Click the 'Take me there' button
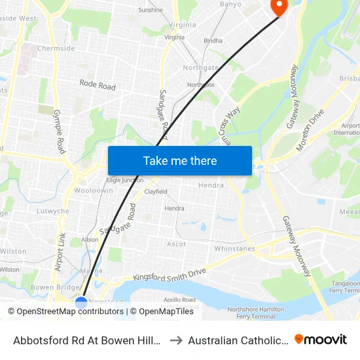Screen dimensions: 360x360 (x=180, y=160)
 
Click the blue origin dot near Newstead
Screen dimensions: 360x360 (x=81, y=302)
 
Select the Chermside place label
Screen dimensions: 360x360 (x=56, y=48)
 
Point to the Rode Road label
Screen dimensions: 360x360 (x=98, y=85)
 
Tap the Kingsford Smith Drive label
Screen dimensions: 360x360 (x=170, y=274)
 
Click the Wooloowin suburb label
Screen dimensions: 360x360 (x=93, y=190)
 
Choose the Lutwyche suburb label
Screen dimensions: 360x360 (x=53, y=211)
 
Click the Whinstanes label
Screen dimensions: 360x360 (x=234, y=249)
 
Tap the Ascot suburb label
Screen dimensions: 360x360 (x=177, y=244)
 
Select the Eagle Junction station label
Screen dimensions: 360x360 (x=124, y=180)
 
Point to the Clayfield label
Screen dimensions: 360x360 (x=156, y=192)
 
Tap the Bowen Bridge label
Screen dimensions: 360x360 (x=50, y=287)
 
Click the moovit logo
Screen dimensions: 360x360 (x=321, y=339)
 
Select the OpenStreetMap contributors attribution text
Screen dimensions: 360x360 (x=65, y=312)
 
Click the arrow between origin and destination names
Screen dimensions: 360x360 (x=176, y=340)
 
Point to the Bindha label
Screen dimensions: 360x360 (x=213, y=41)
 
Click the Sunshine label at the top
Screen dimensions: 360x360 (x=151, y=10)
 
